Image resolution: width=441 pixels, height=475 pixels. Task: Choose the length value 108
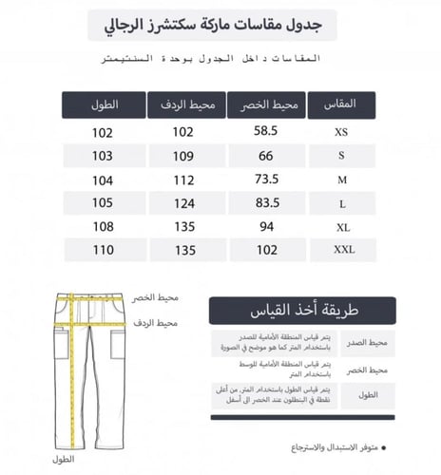click(103, 227)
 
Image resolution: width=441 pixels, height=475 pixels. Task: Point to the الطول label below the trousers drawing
click(65, 460)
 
